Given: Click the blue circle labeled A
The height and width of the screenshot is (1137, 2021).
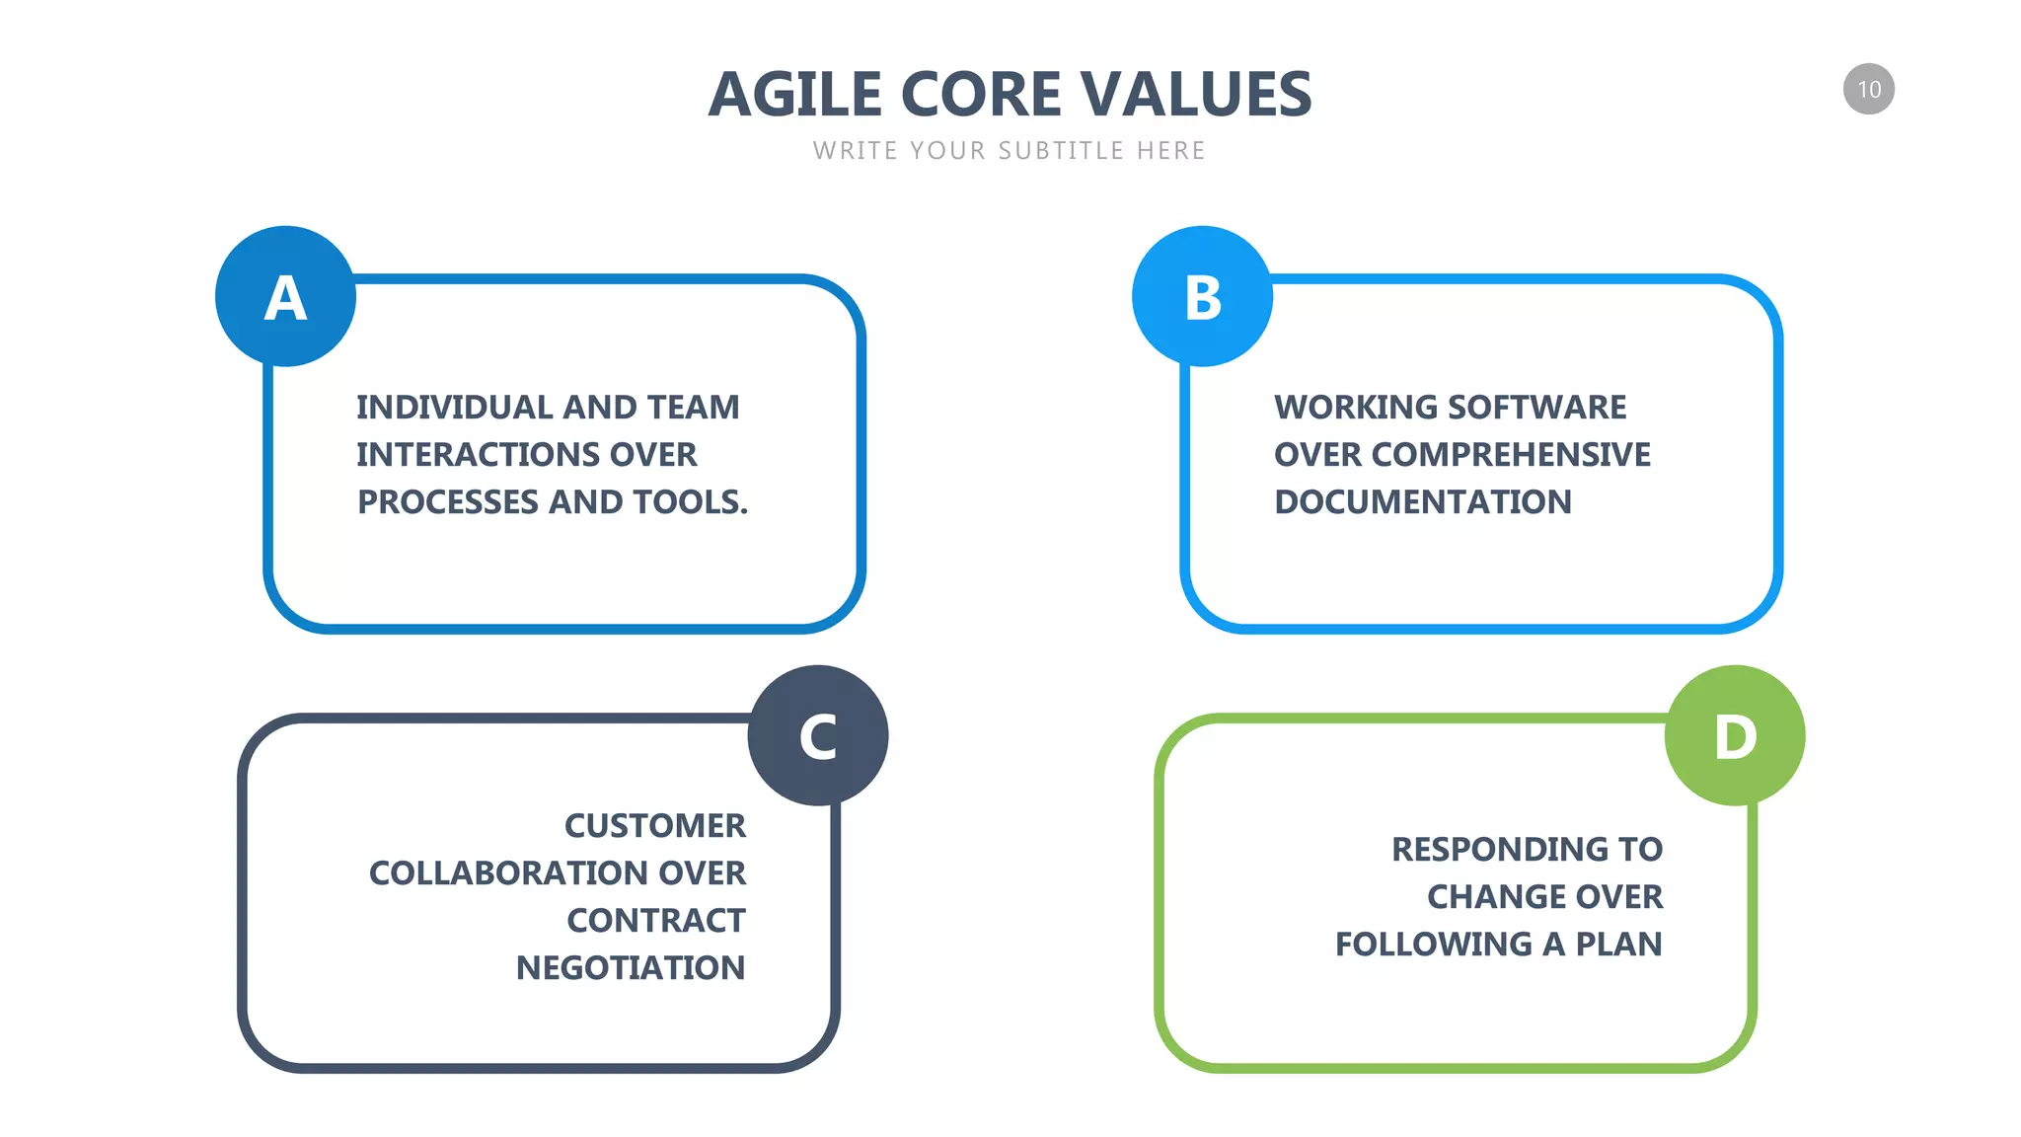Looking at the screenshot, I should click(x=285, y=296).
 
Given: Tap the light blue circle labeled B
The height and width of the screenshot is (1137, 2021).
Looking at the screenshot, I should click(x=1202, y=296).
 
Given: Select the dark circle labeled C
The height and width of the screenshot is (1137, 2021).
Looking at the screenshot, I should click(x=818, y=735).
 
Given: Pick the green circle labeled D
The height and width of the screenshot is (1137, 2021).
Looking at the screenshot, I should click(x=1735, y=735).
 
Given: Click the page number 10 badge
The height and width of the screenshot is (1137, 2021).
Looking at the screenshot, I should click(x=1868, y=89).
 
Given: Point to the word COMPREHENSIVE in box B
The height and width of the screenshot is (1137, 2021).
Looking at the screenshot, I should click(x=1510, y=454).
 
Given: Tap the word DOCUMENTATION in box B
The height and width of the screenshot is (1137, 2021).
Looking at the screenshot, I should click(x=1422, y=501).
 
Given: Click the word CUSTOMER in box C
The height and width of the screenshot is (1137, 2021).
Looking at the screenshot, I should click(x=654, y=825).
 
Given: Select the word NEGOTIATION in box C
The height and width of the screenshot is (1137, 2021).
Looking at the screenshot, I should click(x=630, y=967).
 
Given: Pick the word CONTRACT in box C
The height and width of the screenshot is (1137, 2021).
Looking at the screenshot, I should click(x=656, y=920).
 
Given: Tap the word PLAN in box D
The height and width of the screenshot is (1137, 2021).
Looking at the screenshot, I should click(x=1618, y=944).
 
